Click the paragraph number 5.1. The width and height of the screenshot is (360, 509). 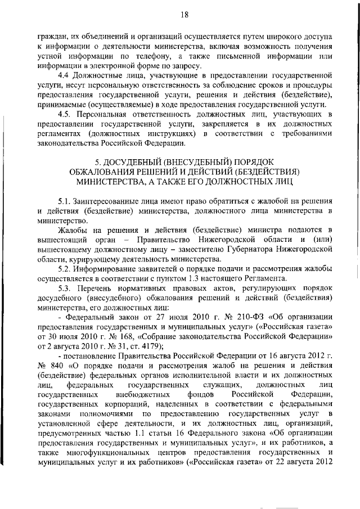66,201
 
